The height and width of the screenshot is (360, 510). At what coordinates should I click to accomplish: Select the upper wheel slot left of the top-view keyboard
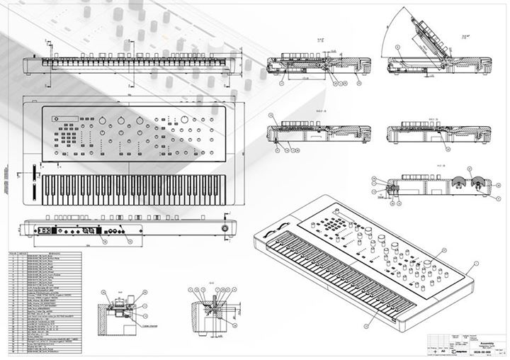pyautogui.click(x=33, y=172)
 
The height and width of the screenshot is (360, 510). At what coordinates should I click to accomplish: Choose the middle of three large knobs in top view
pyautogui.click(x=121, y=119)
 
